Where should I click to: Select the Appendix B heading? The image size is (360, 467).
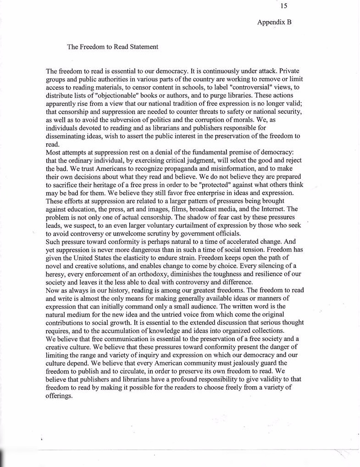(274, 22)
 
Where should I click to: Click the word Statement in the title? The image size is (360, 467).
(141, 47)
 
